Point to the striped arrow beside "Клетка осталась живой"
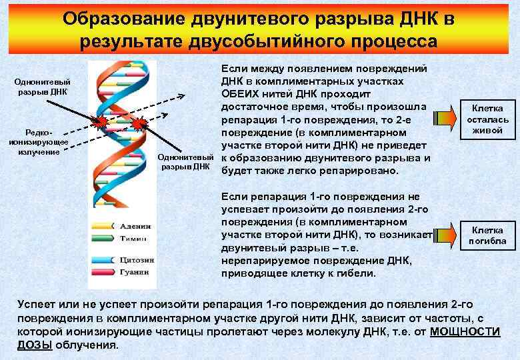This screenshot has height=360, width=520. click(x=443, y=119)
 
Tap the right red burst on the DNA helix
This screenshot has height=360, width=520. click(x=140, y=124)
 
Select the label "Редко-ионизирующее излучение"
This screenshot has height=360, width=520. click(x=39, y=142)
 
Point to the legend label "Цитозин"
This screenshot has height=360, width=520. click(x=136, y=259)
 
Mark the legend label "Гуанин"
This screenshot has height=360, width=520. click(x=134, y=271)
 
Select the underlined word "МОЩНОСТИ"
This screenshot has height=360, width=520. click(x=465, y=332)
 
